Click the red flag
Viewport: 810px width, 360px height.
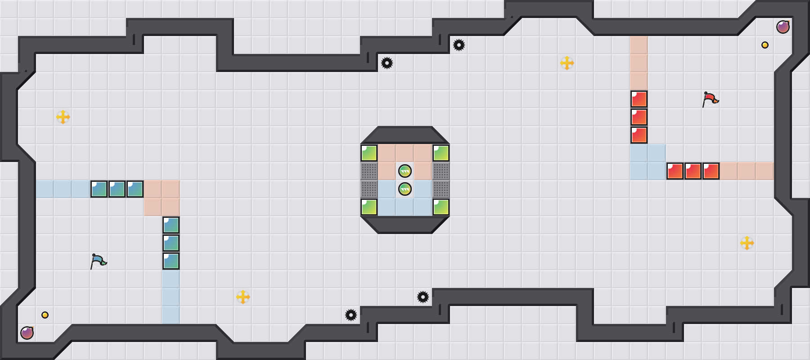point(710,99)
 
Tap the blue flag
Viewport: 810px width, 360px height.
point(98,261)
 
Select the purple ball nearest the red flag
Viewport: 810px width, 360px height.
point(783,27)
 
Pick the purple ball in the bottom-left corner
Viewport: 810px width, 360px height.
point(27,333)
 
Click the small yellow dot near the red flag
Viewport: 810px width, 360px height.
point(765,45)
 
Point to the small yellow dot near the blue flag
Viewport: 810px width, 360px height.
point(45,315)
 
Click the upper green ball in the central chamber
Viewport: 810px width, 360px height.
point(405,171)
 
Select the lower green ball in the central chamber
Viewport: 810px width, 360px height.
point(405,189)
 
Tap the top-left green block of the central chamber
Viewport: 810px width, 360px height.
point(369,153)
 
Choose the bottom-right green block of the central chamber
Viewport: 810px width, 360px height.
point(441,207)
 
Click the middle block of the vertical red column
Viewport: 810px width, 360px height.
point(639,117)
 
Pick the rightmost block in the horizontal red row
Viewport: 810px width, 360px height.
point(711,171)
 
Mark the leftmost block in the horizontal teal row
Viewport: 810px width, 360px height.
point(99,189)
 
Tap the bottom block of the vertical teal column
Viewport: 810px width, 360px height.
point(171,261)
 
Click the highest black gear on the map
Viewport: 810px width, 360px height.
point(459,45)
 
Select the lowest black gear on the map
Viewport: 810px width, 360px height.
point(351,315)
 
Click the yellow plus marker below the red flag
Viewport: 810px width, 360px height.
point(747,243)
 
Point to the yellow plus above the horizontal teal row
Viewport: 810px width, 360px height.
point(63,117)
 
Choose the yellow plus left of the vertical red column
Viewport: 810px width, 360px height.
point(567,63)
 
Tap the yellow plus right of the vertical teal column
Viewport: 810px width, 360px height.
point(243,297)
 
